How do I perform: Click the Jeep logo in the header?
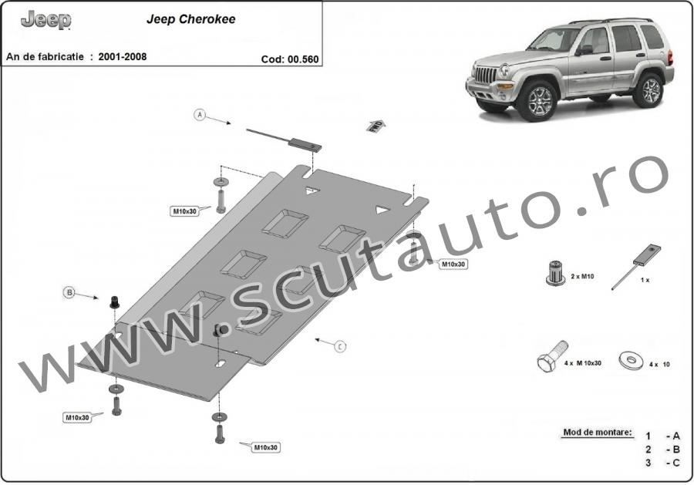pos(46,20)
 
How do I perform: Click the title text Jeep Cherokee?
pos(190,19)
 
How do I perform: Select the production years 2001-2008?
pos(122,56)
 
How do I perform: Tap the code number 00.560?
pos(303,59)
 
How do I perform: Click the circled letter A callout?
pos(200,115)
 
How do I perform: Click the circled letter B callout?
pos(69,292)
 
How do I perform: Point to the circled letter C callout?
pos(340,346)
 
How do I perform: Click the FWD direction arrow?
pos(375,126)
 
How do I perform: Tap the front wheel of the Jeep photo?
pos(536,101)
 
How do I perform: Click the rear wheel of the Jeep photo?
pos(649,91)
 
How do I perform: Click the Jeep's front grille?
pos(486,75)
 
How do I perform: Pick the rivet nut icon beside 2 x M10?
pos(555,273)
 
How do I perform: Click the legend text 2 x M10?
pos(582,276)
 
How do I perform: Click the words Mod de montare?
pos(598,433)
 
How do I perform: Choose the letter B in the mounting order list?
pos(675,450)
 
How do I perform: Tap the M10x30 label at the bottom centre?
pos(265,447)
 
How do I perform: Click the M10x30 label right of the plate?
pos(453,264)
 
